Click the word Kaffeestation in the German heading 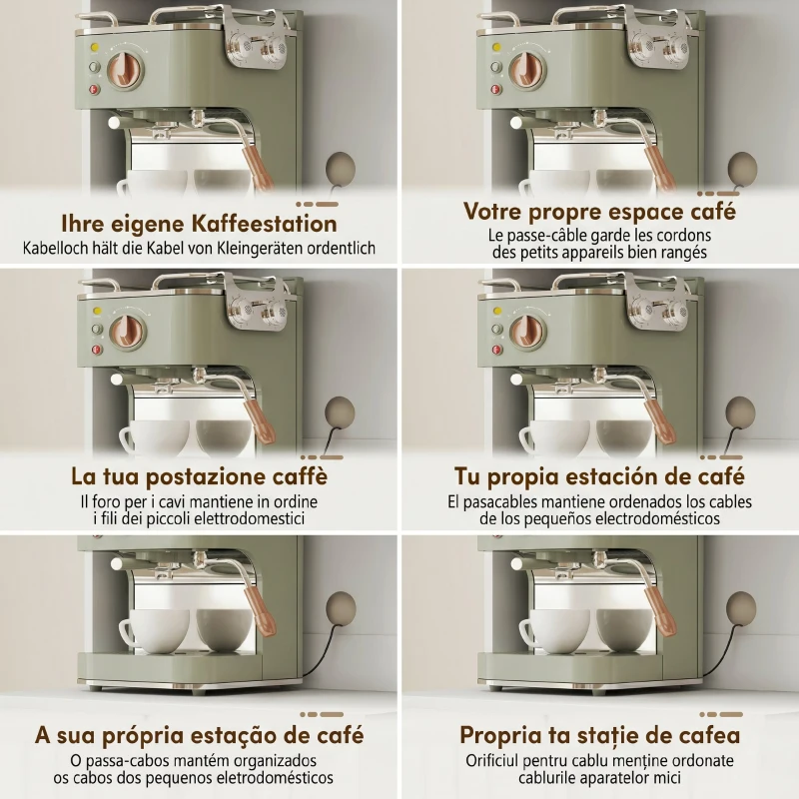[265, 224]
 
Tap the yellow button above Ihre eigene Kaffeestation [94, 48]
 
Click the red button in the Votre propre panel [496, 90]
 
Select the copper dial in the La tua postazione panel [129, 331]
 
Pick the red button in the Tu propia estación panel [496, 350]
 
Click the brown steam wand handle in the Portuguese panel [261, 612]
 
